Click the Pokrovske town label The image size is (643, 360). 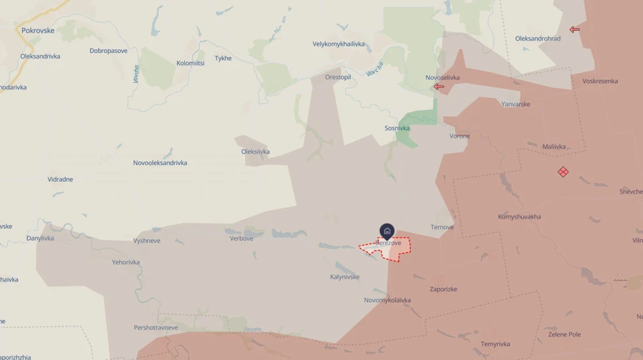click(x=38, y=31)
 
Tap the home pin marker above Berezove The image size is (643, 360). click(x=387, y=231)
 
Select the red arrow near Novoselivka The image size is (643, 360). click(x=439, y=87)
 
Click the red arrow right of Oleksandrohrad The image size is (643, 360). click(x=574, y=30)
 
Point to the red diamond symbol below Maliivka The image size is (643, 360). click(x=563, y=171)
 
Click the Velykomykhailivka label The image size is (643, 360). click(x=339, y=44)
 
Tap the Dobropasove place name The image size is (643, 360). click(x=109, y=51)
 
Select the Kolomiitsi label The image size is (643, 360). click(x=191, y=64)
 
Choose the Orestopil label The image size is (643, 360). click(x=338, y=77)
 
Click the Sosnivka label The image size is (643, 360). click(x=397, y=129)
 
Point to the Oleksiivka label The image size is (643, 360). click(x=256, y=151)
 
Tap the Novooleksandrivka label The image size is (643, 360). click(x=160, y=163)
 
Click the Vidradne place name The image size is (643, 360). click(x=61, y=179)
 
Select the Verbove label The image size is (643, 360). click(x=241, y=239)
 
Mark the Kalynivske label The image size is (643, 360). click(x=345, y=277)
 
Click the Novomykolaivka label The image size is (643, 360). click(x=387, y=300)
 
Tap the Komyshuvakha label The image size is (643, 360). click(x=519, y=216)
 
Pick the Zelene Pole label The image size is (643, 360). click(x=564, y=334)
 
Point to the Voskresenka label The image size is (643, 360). click(x=600, y=81)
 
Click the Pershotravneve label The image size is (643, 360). click(x=156, y=328)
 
